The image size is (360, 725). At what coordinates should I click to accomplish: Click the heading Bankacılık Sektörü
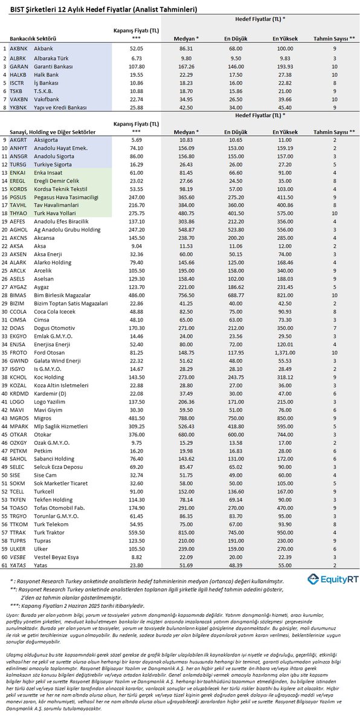coord(29,39)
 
